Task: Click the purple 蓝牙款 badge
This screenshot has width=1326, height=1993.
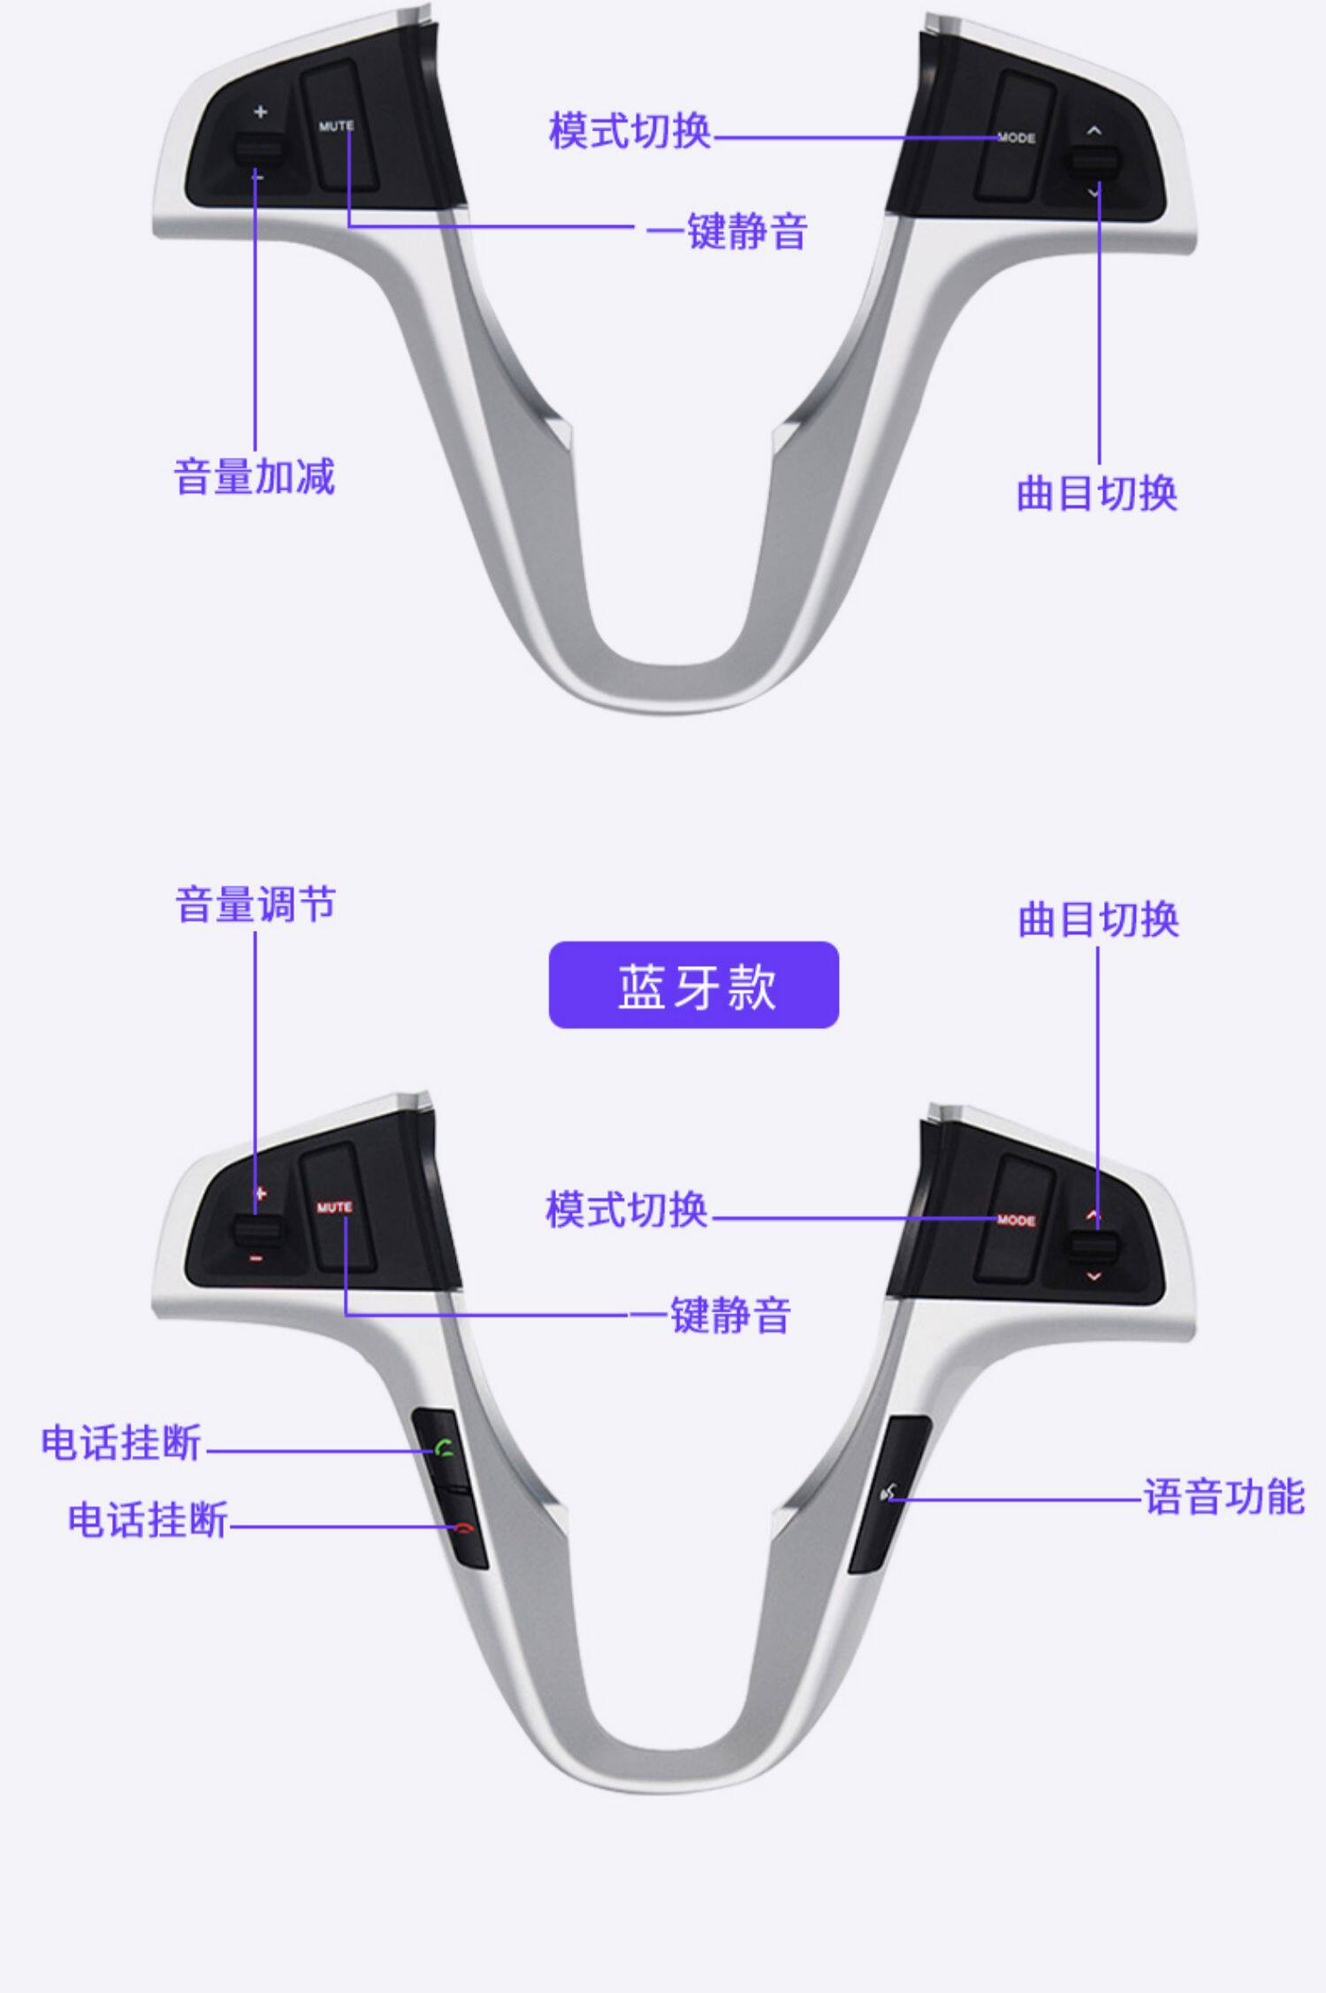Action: (694, 985)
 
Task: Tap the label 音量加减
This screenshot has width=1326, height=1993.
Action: (255, 476)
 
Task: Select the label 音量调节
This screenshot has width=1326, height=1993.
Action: (255, 905)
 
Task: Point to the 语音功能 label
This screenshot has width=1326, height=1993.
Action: (1224, 1497)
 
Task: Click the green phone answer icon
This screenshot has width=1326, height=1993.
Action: (445, 1448)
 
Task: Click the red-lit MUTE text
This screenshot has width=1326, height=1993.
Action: (334, 1207)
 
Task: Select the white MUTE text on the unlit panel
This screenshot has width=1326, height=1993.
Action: (336, 126)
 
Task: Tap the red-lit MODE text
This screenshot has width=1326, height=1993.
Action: (1016, 1221)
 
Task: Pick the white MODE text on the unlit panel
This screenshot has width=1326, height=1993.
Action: (1016, 138)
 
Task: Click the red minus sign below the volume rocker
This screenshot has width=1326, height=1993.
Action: (256, 1258)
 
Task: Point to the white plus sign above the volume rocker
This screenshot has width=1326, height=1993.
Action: (260, 112)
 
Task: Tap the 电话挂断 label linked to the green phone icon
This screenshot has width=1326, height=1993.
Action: (121, 1442)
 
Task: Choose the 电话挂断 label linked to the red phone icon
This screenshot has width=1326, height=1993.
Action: (148, 1520)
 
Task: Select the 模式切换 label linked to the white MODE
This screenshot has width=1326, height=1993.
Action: (629, 131)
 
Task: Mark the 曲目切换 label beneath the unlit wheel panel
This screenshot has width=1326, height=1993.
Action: (1097, 493)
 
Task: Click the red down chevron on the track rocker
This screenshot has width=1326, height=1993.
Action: (1094, 1276)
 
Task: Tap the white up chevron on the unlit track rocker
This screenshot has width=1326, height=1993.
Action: (1094, 131)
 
